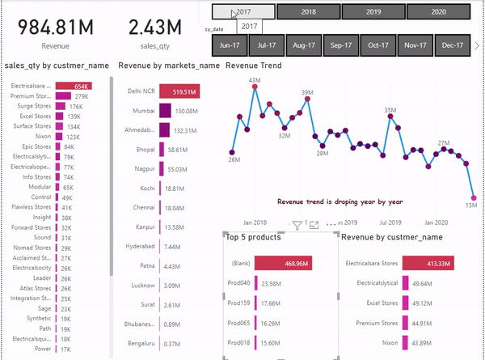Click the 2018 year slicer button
(308, 12)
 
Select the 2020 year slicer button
(436, 12)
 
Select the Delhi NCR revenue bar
(179, 91)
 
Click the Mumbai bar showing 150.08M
(166, 111)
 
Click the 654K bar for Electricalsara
(74, 85)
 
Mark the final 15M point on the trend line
(474, 197)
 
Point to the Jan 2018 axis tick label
(255, 222)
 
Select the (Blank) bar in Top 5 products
(283, 263)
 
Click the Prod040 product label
(239, 284)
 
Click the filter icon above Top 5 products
(297, 225)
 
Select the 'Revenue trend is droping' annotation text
(339, 201)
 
